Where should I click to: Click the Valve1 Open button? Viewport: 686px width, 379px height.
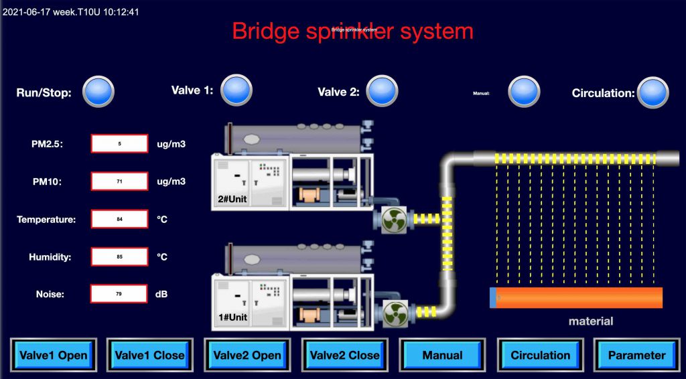(x=54, y=355)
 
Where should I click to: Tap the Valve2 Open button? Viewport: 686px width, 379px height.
(x=247, y=355)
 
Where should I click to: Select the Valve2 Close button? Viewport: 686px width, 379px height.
(x=344, y=355)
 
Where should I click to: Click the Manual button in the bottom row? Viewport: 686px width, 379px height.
(x=442, y=355)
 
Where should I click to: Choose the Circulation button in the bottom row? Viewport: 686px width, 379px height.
(x=540, y=355)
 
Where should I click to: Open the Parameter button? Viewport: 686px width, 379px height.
(x=636, y=355)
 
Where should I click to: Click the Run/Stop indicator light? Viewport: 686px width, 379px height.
(x=98, y=92)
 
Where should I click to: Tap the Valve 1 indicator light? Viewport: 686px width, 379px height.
(x=236, y=90)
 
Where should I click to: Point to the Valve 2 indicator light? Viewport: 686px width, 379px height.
(x=383, y=92)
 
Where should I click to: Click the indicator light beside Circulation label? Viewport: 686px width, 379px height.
(x=653, y=92)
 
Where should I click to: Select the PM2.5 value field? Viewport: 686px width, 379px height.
(x=119, y=143)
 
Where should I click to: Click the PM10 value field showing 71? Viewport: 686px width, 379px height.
(x=119, y=181)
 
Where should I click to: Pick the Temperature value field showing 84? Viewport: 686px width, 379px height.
(x=119, y=219)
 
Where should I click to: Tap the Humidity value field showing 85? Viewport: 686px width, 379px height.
(x=119, y=256)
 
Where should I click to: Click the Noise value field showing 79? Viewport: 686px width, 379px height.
(x=119, y=293)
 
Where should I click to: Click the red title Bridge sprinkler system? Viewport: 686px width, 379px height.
(x=352, y=31)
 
